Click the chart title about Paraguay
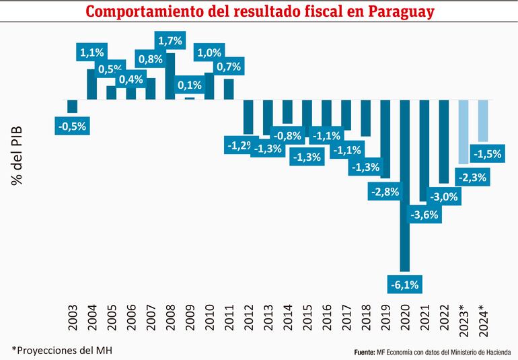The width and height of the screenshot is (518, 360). (x=260, y=11)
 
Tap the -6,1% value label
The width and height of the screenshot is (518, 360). (x=404, y=285)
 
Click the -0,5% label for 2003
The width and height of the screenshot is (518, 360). (x=72, y=125)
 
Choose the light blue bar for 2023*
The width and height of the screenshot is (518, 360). (x=464, y=132)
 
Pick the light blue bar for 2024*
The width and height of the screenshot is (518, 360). (x=483, y=121)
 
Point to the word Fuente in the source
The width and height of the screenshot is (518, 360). (x=365, y=351)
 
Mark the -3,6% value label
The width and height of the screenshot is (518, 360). (x=424, y=215)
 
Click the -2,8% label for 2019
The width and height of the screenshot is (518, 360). (x=385, y=192)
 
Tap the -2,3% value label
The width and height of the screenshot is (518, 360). (x=464, y=178)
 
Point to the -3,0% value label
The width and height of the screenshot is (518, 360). (x=444, y=196)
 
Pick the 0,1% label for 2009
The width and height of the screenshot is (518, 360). (x=190, y=85)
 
